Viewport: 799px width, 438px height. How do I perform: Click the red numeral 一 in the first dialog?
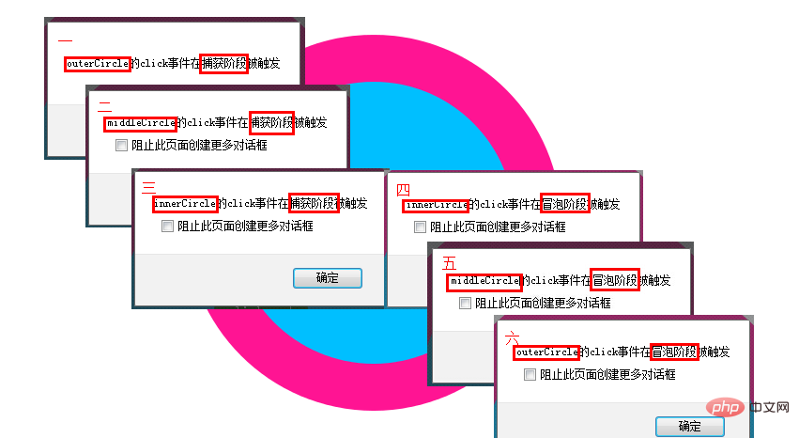coord(65,39)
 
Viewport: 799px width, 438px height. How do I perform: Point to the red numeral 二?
coord(104,106)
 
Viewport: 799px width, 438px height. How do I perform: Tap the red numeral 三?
coord(148,188)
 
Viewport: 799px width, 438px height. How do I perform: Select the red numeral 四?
coord(403,190)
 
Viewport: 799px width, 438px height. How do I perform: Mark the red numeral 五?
coord(449,263)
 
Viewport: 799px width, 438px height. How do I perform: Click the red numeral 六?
coord(512,337)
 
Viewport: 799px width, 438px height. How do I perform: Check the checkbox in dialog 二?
coord(121,146)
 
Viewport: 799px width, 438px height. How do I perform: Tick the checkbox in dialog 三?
coord(167,226)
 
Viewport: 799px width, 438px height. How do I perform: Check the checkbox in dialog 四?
coord(420,227)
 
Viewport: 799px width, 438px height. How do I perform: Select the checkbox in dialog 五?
coord(465,304)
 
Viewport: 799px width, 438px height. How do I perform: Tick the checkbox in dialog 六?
coord(530,375)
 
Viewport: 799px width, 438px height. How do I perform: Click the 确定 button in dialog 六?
coord(690,427)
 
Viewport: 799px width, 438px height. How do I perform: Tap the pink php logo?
coord(725,407)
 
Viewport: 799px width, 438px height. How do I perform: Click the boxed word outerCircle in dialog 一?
coord(98,64)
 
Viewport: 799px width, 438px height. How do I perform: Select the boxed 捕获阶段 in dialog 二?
coord(271,123)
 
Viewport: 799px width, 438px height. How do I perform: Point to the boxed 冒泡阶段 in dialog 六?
coord(675,352)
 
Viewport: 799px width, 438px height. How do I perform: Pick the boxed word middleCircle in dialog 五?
coord(484,282)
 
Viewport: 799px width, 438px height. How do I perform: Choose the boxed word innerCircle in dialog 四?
coord(437,206)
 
